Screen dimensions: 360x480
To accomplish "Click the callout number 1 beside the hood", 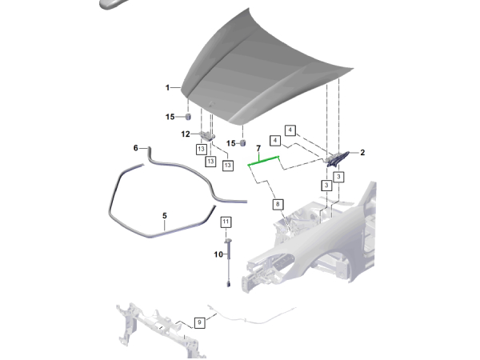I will (x=168, y=87).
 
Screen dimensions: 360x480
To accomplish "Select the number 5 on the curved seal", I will (x=164, y=215).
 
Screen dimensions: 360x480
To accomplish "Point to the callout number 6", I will (x=136, y=148).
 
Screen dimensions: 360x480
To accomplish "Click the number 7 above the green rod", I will (x=258, y=150).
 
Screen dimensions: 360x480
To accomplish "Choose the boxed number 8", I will (x=278, y=205).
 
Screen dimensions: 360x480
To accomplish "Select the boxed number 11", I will (x=226, y=221).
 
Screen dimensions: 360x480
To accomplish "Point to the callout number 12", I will (x=185, y=134).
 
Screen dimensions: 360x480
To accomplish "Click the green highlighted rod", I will (x=263, y=161).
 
